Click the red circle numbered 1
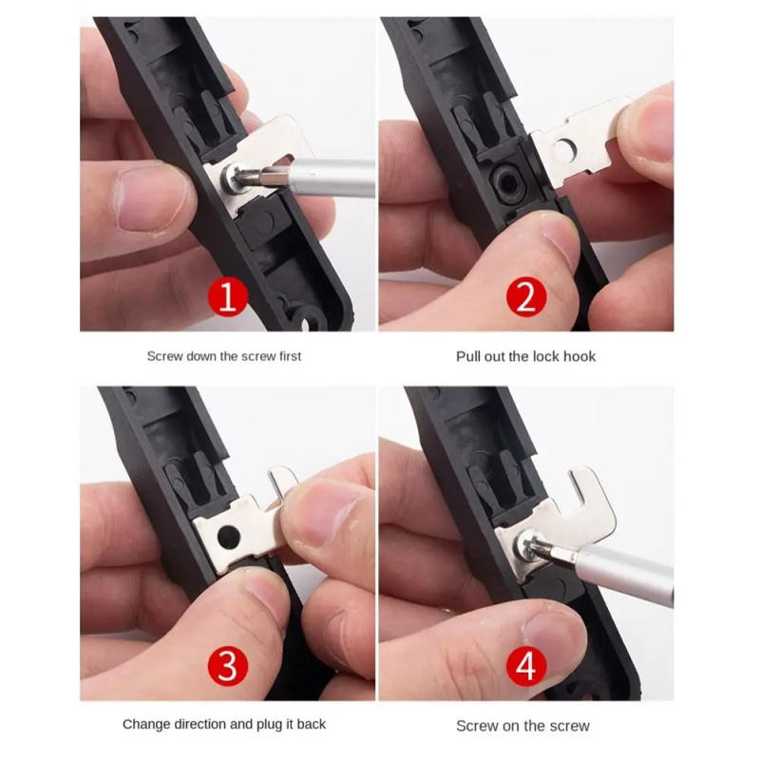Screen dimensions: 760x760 [x=227, y=297]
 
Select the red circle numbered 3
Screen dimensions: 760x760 [x=227, y=666]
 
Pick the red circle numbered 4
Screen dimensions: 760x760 [x=525, y=666]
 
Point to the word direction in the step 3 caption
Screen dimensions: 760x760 [x=202, y=724]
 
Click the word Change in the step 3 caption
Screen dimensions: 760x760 [x=146, y=724]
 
